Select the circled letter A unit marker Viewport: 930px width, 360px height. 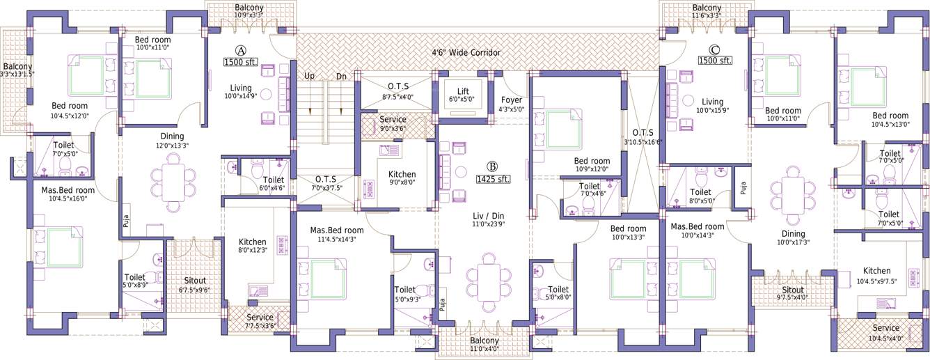click(241, 50)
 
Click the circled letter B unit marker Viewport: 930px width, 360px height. click(492, 166)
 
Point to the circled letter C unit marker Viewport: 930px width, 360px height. click(714, 49)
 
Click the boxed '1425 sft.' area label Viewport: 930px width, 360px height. click(493, 179)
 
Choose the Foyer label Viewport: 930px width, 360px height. click(512, 100)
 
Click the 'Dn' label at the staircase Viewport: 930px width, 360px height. click(341, 76)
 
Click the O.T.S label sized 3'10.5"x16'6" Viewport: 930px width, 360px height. click(640, 132)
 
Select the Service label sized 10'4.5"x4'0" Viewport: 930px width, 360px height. click(885, 328)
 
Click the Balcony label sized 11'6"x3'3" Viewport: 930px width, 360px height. click(707, 7)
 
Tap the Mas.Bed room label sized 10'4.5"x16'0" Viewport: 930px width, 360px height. click(68, 190)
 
